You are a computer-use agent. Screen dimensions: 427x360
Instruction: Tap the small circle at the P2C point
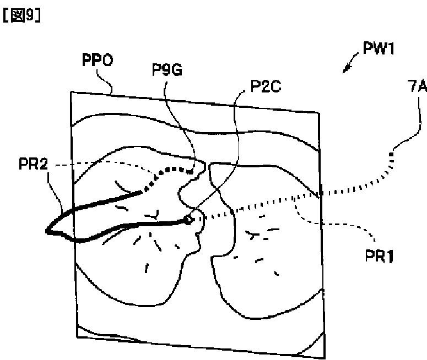point(189,219)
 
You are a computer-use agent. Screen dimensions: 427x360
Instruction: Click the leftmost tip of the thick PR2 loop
point(48,231)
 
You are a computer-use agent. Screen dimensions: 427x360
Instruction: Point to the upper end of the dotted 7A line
point(393,152)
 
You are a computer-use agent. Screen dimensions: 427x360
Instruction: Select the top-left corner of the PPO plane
point(72,92)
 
